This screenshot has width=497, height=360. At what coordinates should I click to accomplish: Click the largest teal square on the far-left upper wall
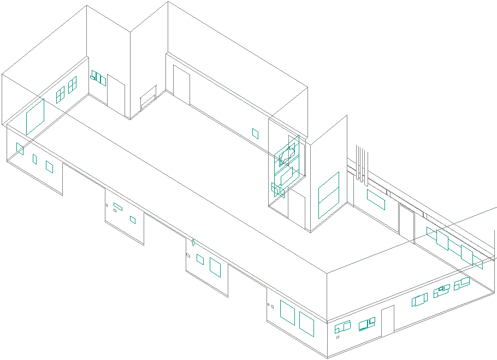click(x=35, y=116)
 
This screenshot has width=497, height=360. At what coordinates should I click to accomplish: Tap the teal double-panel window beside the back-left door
click(x=98, y=78)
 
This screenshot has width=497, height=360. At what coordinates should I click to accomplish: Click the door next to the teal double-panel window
click(x=116, y=91)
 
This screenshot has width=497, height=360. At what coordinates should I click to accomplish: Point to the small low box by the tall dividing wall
click(x=148, y=101)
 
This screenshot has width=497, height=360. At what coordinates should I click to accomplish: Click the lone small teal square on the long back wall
click(x=255, y=133)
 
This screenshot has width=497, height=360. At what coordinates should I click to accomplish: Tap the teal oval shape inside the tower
click(x=287, y=155)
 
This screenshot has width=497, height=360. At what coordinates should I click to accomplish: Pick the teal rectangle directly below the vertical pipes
click(x=376, y=199)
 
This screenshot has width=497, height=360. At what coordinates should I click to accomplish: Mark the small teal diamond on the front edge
click(x=193, y=241)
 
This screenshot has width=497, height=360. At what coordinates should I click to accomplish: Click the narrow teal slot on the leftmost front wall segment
click(x=34, y=159)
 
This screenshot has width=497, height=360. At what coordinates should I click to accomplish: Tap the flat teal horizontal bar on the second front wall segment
click(x=117, y=206)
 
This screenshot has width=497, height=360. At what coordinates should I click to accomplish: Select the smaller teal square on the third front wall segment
click(x=200, y=260)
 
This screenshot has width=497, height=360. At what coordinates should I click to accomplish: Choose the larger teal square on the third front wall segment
click(x=215, y=267)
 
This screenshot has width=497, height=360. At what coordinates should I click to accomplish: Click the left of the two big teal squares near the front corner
click(x=287, y=311)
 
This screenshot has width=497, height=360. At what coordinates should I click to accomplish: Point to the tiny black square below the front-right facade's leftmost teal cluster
click(x=338, y=337)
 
